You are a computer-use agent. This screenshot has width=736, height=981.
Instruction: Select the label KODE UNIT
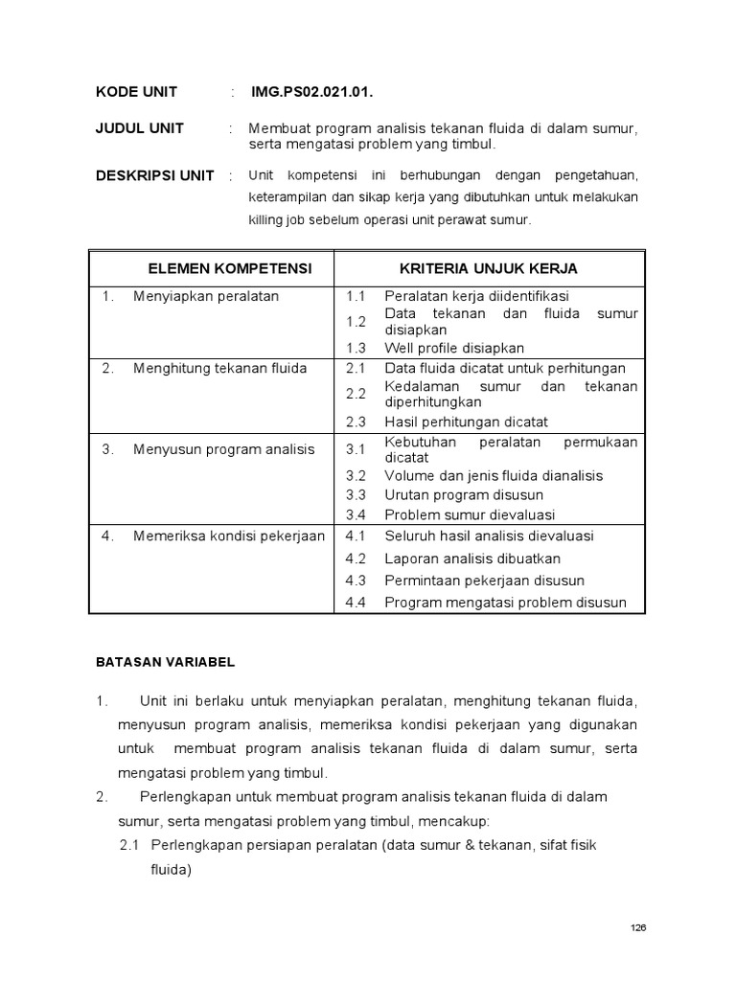coord(136,92)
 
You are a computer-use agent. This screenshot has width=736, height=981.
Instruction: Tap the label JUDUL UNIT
coord(140,128)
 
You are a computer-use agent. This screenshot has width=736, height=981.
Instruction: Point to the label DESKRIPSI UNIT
coord(155,175)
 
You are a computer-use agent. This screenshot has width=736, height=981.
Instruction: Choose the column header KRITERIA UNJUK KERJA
coord(488,268)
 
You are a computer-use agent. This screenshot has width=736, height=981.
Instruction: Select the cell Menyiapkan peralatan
coord(206,296)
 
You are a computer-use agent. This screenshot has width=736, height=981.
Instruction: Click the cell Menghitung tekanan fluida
coord(219,368)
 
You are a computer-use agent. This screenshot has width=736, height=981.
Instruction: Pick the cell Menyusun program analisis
coord(223,449)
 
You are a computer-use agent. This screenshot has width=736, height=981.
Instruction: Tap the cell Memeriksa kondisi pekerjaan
coord(229,536)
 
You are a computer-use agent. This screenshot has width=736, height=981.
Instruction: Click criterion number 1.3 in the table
coord(356,348)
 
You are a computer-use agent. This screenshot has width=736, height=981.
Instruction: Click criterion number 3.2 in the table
coord(356,475)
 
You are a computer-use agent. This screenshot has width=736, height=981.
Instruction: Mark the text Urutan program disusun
coord(464,495)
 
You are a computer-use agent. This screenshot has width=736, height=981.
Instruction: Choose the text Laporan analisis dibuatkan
coord(472,559)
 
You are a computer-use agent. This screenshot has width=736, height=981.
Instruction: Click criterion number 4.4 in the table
coord(356,603)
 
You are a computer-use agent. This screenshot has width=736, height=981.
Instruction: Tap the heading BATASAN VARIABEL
coord(165,661)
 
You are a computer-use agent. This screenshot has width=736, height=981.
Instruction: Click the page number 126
coord(639,927)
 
